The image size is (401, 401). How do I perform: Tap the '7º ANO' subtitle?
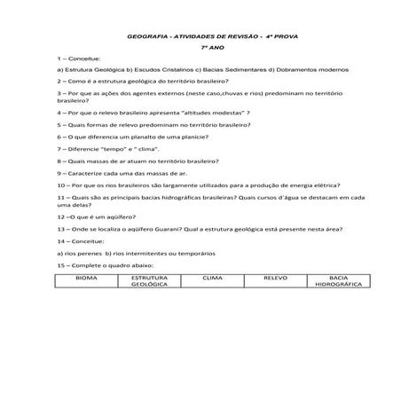tap(210, 45)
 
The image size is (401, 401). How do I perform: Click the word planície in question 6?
tap(192, 138)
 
